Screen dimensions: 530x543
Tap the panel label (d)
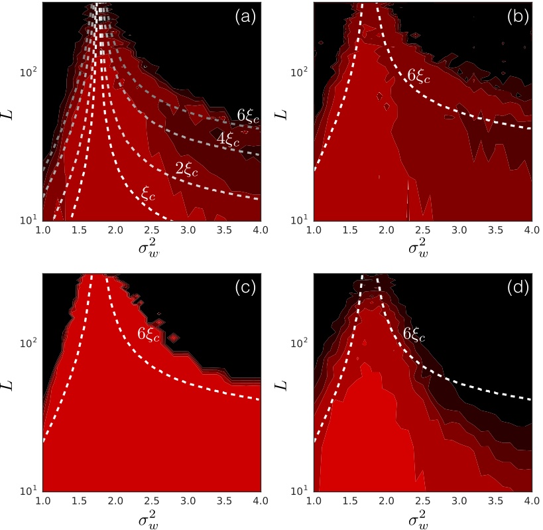(x=517, y=289)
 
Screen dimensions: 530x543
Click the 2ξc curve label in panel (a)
(x=186, y=168)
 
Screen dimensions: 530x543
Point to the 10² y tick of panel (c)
(x=31, y=343)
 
